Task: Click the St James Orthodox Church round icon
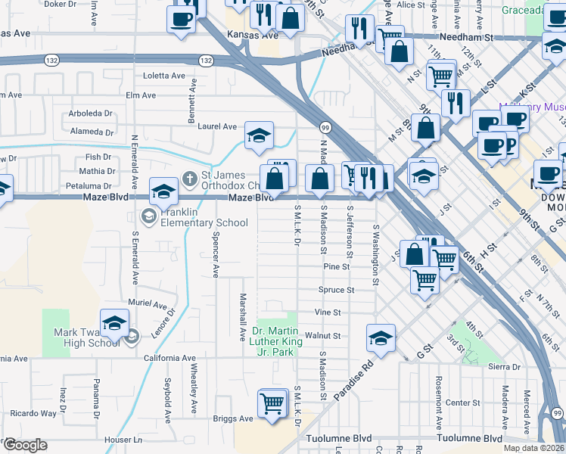(x=191, y=178)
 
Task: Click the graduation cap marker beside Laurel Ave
(x=260, y=136)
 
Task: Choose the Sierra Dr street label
(x=505, y=366)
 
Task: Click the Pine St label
(x=336, y=266)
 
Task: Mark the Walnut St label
(x=328, y=335)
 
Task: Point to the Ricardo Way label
(x=33, y=413)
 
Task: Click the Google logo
(x=25, y=445)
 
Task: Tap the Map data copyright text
(x=533, y=448)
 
